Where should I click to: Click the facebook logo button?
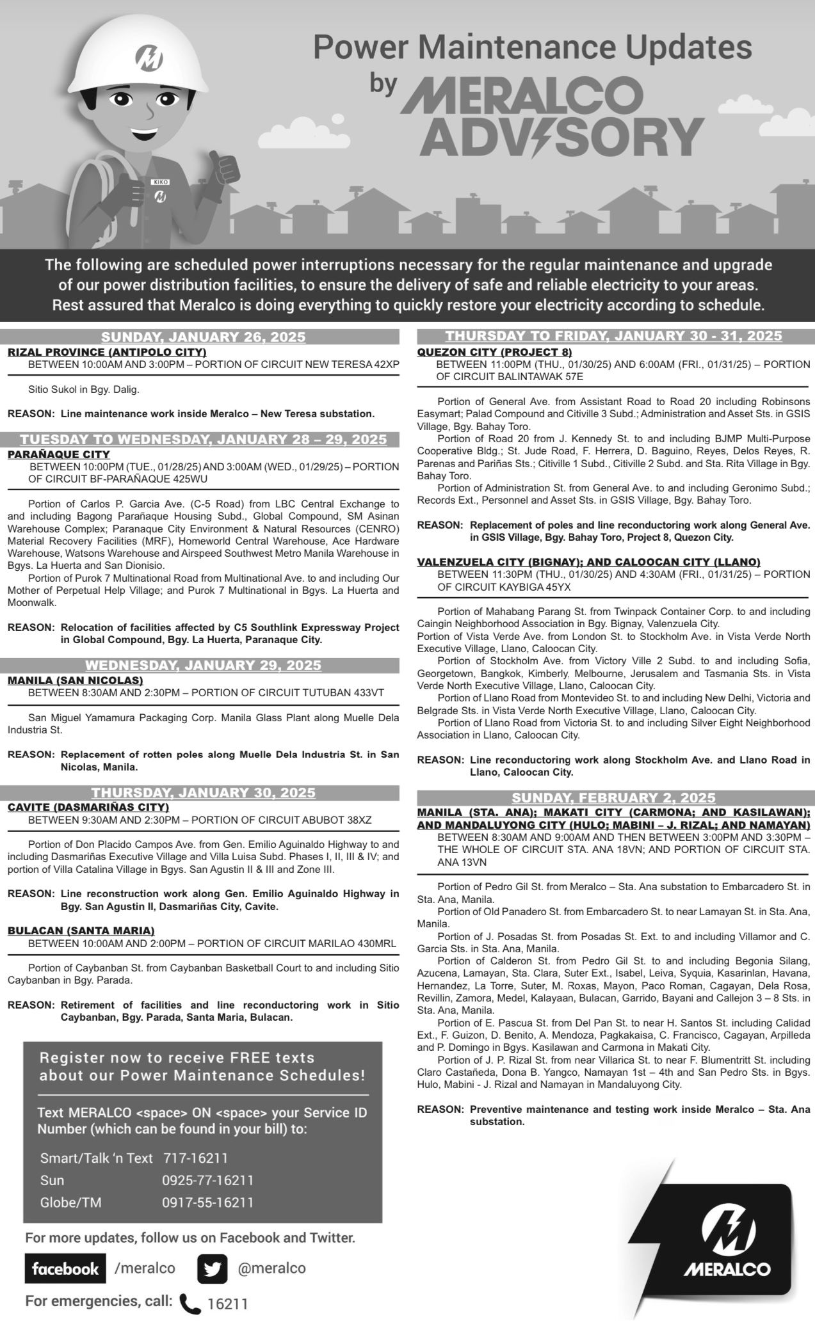point(65,1268)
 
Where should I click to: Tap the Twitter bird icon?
point(212,1268)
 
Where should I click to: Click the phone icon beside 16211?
point(190,1303)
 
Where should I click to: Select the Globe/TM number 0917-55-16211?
point(207,1202)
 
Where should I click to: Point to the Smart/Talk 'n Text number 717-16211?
point(195,1158)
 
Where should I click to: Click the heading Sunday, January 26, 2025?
point(203,337)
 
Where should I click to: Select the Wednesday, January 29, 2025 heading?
point(203,665)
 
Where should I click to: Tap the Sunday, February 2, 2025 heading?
point(613,797)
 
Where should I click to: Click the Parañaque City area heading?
point(59,454)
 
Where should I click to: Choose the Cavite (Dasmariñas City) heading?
point(88,807)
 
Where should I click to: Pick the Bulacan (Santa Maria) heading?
point(81,931)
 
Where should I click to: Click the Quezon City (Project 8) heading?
point(494,352)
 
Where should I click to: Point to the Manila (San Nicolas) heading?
point(76,680)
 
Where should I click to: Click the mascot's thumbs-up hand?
point(225,169)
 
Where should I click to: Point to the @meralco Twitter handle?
point(271,1268)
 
